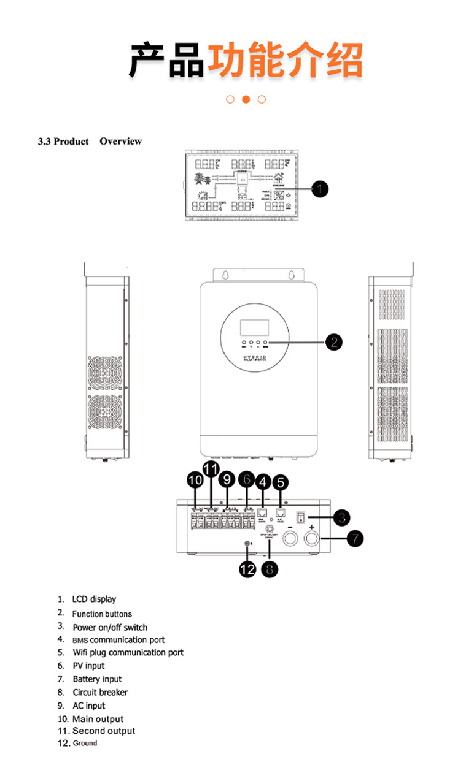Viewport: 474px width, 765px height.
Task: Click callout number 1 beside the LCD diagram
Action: coord(319,189)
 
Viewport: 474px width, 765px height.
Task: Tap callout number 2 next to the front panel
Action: coord(333,342)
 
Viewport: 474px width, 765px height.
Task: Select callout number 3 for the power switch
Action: coord(341,517)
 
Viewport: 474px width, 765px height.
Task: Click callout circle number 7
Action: coord(354,539)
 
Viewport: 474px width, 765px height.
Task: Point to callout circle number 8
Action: coord(269,569)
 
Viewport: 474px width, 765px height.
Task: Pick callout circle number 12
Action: coord(247,569)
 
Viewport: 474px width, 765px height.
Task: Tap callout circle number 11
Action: coord(211,470)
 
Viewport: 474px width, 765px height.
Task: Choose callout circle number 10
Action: coord(195,481)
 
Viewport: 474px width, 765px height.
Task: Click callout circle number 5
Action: coord(280,482)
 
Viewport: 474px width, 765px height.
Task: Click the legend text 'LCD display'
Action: coord(93,599)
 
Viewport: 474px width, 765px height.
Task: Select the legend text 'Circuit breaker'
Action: coord(100,692)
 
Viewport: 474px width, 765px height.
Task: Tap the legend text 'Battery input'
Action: coord(97,679)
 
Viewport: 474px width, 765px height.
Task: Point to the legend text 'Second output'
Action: coord(104,731)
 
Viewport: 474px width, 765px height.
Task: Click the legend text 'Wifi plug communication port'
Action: coord(128,652)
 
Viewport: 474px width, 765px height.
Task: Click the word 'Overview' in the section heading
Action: coord(120,141)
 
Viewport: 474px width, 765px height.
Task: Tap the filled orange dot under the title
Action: coord(246,99)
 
